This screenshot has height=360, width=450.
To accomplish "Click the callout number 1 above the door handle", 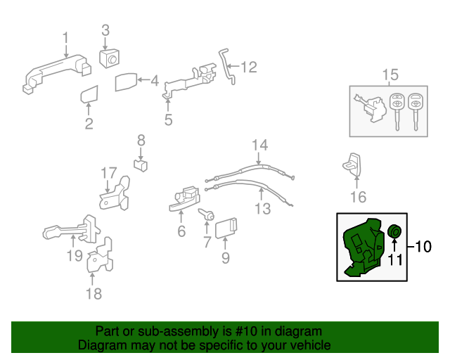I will point(65,37).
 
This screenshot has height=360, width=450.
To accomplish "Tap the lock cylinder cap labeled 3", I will point(109,60).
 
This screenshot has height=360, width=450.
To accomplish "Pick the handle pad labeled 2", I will point(89,95).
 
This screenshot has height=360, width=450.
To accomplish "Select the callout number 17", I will point(108,172).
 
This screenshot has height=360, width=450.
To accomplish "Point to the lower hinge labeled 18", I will point(98,257).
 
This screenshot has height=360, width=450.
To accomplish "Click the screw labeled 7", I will point(208,215).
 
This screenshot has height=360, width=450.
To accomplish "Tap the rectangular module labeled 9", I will point(226,227).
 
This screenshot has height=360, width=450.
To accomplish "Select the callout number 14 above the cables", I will point(260,146).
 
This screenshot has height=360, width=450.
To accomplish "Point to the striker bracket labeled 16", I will point(354,164).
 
